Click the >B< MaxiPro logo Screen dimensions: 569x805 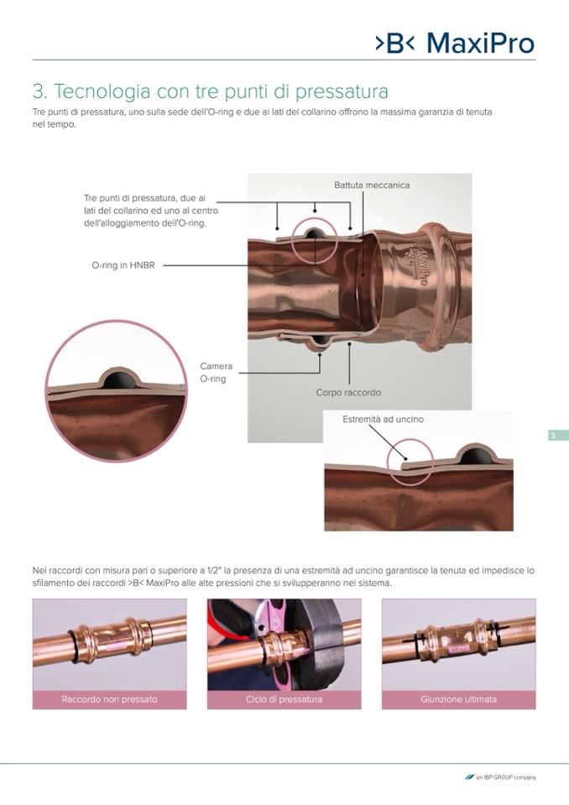tap(455, 43)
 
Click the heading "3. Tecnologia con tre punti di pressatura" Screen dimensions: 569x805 tap(211, 91)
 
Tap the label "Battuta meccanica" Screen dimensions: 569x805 tap(372, 186)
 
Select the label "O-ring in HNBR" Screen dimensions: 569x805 tap(123, 265)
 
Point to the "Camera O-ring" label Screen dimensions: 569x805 tap(216, 373)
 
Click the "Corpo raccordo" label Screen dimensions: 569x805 tap(348, 393)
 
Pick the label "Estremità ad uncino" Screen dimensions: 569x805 tap(384, 420)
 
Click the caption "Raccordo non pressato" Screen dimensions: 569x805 tap(109, 699)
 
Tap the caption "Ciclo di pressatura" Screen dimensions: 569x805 tap(284, 699)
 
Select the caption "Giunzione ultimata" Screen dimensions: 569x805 tap(459, 699)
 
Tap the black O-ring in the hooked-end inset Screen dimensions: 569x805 tap(476, 455)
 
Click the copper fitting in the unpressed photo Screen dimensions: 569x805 tap(110, 640)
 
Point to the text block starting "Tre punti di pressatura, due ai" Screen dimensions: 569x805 tap(151, 211)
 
